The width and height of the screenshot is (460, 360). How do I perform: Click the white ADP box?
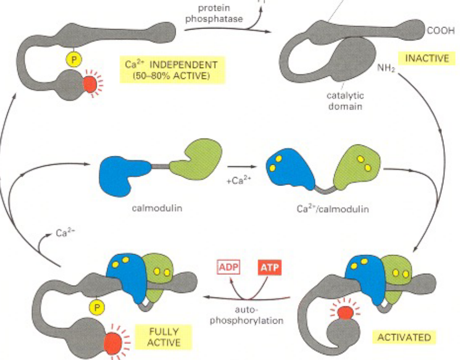225,268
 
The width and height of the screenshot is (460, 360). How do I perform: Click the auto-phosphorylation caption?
246,315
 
